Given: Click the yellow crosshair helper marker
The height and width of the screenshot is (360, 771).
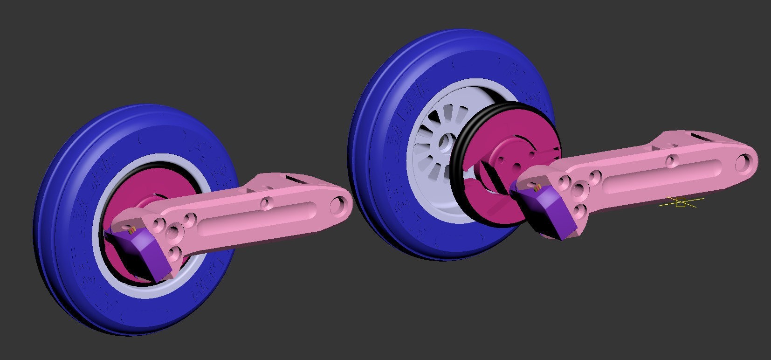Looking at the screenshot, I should pos(681,202).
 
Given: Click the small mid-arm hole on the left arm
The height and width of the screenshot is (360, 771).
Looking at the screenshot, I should pos(267,203).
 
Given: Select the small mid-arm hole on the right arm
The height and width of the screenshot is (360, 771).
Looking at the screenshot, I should pos(672,161).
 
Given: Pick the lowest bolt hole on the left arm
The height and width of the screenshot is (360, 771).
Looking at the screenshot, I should pos(174,254).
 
